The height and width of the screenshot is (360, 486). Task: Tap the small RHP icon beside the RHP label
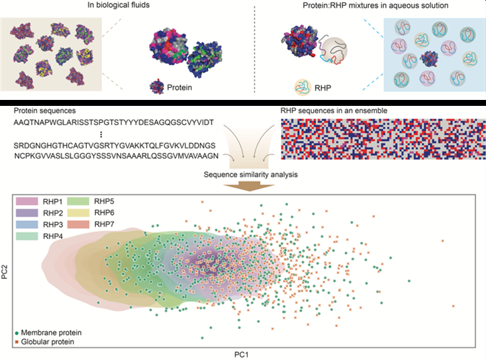point(304,86)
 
